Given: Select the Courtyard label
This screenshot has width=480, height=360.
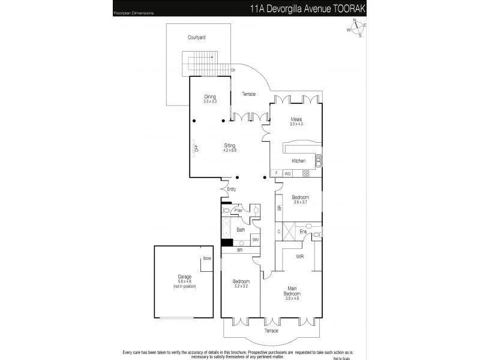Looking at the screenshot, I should [x=196, y=37].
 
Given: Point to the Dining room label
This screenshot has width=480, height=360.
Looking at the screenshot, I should [x=209, y=97].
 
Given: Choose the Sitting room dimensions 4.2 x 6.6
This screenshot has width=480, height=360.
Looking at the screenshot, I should [x=230, y=150].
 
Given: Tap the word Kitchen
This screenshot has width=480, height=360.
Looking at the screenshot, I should [x=299, y=161].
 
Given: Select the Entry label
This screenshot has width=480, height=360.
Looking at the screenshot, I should [x=232, y=190].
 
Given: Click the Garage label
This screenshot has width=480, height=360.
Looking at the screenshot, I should [x=184, y=277].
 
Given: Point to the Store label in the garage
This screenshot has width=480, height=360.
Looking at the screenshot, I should [x=207, y=259].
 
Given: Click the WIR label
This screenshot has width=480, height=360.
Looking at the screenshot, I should [x=300, y=256].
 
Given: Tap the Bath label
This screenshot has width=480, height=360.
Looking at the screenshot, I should [x=241, y=229].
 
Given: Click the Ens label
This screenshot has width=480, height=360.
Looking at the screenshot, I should [x=304, y=231].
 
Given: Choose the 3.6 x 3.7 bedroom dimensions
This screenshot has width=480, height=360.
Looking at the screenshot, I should [x=300, y=202].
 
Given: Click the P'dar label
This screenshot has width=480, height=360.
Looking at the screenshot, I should [x=239, y=210].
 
